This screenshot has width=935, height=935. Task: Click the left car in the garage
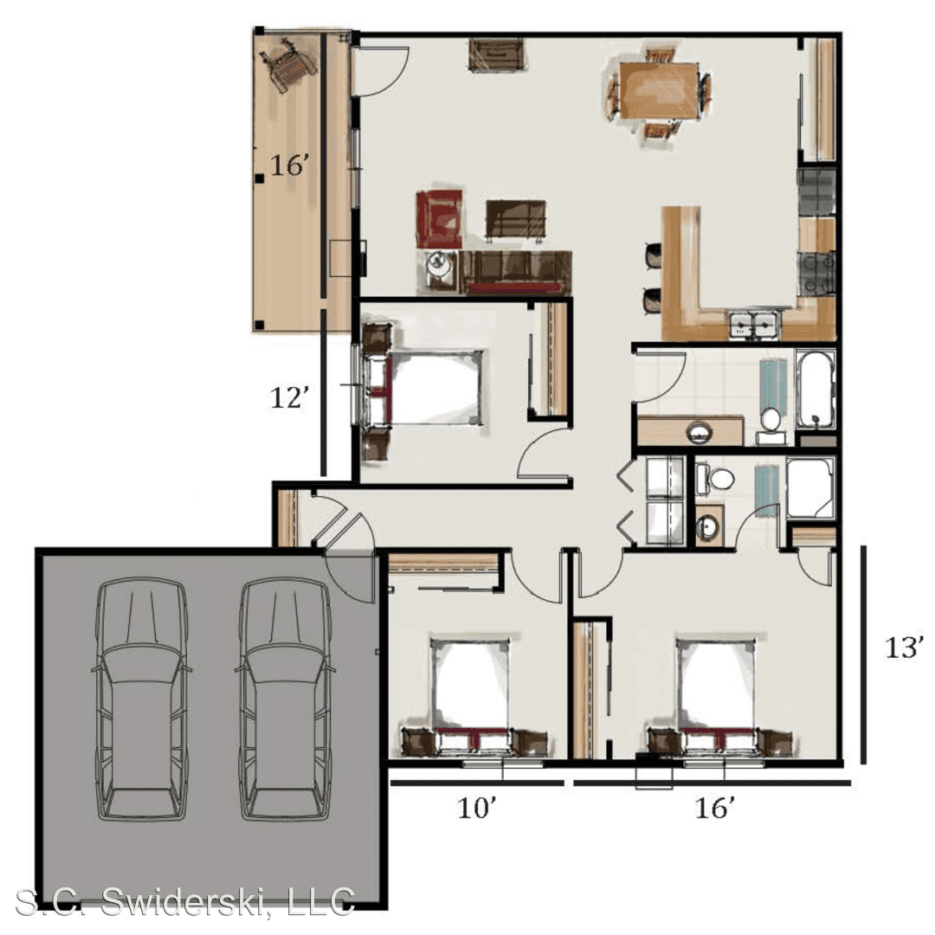tap(141, 699)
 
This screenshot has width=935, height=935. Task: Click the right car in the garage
tap(285, 699)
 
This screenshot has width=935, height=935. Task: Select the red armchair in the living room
tap(440, 218)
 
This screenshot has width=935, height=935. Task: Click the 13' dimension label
tap(904, 648)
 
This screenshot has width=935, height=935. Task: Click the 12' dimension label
tap(290, 397)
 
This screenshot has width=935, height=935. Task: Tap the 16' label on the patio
tap(290, 165)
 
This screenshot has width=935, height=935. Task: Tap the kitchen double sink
tap(753, 325)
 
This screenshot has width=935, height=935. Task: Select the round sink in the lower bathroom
tap(708, 526)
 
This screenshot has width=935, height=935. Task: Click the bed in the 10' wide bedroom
tap(471, 695)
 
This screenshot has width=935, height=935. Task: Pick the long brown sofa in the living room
tap(516, 273)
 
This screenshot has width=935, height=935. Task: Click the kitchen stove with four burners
tap(816, 273)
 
